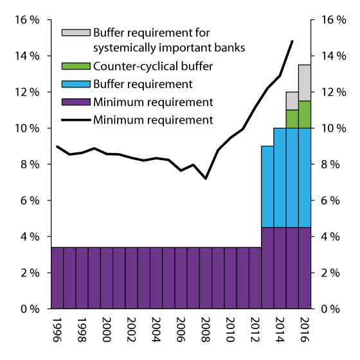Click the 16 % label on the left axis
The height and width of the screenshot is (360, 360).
coord(26,20)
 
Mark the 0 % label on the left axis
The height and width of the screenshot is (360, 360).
coord(29,309)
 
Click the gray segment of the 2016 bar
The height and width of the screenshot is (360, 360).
coord(305,82)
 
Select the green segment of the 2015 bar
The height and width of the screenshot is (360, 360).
coord(292,119)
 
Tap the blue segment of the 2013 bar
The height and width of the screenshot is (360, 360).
coord(267,186)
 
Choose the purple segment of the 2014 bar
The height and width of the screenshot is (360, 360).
coord(280,268)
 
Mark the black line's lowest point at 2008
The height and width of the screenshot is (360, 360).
coord(206,178)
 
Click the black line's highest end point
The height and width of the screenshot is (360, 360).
coord(292,41)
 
